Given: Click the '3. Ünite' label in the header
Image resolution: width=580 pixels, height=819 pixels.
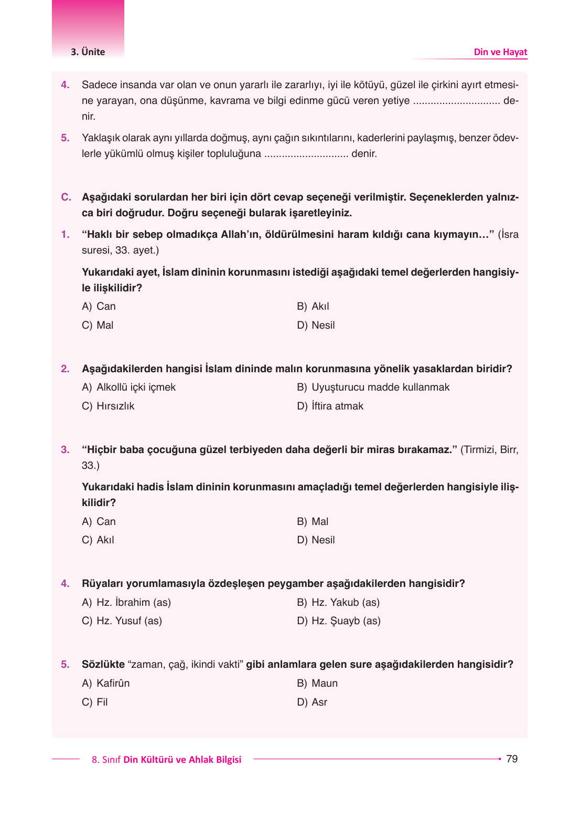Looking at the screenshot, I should coord(88,52).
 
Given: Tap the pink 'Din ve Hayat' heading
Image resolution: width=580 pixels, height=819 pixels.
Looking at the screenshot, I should coord(500,52).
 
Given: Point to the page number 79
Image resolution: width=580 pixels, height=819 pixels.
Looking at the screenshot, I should coord(512,759).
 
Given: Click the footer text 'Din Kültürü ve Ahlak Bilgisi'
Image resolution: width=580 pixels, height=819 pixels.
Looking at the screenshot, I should coord(182,760).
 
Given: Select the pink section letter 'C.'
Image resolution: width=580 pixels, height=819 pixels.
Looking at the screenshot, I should coord(66,197).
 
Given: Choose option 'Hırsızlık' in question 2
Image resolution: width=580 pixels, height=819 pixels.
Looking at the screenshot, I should coord(115,406).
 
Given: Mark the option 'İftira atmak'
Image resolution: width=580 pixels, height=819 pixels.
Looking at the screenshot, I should coord(337,406).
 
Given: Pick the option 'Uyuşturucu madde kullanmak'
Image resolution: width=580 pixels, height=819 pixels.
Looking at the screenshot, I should coord(380,387).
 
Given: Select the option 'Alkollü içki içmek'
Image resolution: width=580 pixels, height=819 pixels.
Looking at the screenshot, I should coord(135,387).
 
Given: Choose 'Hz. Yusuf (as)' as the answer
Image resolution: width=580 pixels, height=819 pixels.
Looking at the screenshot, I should coord(128,621).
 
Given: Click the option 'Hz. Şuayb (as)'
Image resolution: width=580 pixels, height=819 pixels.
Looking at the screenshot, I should coord(346,621).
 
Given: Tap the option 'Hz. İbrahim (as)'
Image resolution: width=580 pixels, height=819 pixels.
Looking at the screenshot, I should coord(133,603).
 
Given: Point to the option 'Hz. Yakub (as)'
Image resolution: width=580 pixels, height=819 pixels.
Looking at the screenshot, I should coord(345,603).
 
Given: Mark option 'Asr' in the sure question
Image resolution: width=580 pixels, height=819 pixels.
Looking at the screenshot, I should coord(319,702).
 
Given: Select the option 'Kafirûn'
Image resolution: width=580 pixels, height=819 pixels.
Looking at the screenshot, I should coord(113,684).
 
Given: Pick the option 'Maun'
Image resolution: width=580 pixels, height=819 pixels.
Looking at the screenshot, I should coord(324,684).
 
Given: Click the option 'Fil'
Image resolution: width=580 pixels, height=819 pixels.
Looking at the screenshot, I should coord(102,702).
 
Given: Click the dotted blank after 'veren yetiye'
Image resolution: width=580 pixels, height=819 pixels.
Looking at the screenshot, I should coord(456,101).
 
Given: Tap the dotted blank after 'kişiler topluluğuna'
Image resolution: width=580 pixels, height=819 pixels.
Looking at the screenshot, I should coord(306,154).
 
